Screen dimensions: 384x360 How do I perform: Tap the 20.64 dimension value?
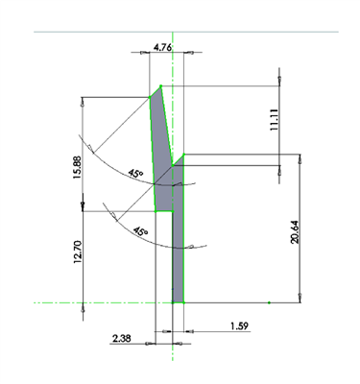pyautogui.click(x=296, y=231)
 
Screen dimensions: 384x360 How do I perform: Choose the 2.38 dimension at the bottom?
pyautogui.click(x=122, y=339)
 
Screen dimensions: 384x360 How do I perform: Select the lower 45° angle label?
pyautogui.click(x=141, y=231)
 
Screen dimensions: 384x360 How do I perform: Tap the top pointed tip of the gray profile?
pyautogui.click(x=160, y=85)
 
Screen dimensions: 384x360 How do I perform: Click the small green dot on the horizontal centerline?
pyautogui.click(x=270, y=302)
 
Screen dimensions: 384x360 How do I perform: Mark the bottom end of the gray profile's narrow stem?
pyautogui.click(x=178, y=300)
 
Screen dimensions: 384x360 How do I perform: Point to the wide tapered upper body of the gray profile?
pyautogui.click(x=162, y=154)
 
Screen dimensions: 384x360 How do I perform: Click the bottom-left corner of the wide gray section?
pyautogui.click(x=156, y=210)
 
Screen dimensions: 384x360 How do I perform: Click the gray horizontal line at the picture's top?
pyautogui.click(x=182, y=32)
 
